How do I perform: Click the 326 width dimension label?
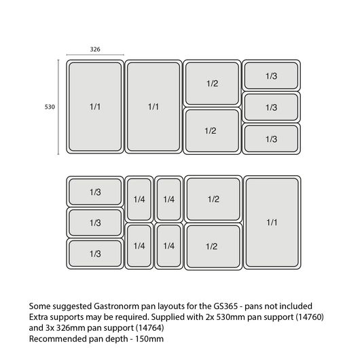pos(95,49)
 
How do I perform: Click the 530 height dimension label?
pos(50,107)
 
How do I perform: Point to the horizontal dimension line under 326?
pos(95,55)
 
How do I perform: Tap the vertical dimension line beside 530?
pos(58,107)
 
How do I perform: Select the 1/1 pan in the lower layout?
pos(272,222)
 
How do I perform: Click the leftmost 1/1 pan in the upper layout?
pos(95,107)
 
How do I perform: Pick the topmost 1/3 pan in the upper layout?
pos(272,75)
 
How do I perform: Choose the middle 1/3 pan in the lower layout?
pos(95,223)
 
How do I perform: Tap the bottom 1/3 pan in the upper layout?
pos(272,139)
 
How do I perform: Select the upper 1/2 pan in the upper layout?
pos(212,84)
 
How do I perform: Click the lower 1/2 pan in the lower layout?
pos(213,247)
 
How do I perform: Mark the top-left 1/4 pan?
pos(139,199)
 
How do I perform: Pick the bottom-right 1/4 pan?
pos(168,246)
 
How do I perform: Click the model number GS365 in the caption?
pos(226,306)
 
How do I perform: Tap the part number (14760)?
pos(310,317)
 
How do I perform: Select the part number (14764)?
pos(150,327)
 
